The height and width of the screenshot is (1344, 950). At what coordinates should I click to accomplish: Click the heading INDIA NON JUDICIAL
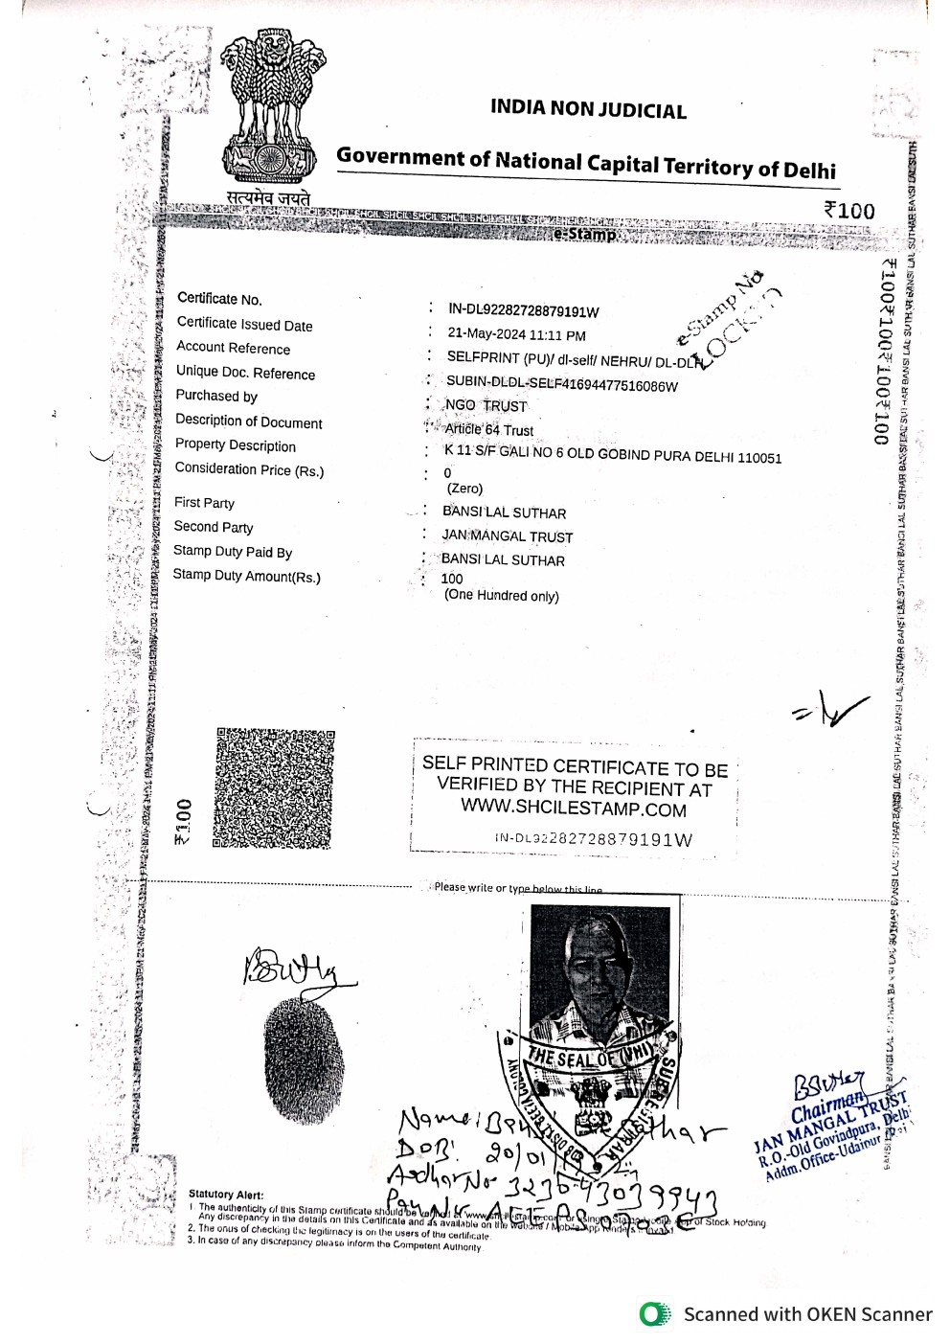pos(588,109)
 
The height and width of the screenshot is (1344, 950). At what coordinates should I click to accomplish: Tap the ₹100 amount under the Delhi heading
pos(848,211)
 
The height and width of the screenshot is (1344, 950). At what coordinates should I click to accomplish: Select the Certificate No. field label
pos(219,299)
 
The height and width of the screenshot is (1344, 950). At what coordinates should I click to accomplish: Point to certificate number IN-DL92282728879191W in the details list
pos(523,310)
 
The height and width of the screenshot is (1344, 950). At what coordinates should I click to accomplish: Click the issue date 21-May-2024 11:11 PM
pos(516,335)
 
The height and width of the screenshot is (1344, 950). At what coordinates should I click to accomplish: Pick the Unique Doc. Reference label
pos(245,373)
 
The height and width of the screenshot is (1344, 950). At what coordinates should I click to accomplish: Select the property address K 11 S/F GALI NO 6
pos(612,455)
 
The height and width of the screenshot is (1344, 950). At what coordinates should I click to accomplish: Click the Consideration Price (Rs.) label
pos(249,469)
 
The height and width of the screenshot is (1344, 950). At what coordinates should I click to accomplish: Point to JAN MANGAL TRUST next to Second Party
pos(507,536)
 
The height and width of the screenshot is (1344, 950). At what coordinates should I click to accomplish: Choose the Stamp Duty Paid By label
pos(233,551)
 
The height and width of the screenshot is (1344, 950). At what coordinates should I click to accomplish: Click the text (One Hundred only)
pos(501,596)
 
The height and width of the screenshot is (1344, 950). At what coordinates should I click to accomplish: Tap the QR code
pos(274,788)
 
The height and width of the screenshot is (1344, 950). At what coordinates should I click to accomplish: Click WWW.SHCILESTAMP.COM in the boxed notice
pos(573,809)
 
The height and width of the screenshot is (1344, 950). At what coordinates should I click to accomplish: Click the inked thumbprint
pos(303,1059)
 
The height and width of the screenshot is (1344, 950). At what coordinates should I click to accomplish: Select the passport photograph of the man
pos(599,972)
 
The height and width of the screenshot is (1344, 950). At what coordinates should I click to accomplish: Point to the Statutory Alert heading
pos(226,1195)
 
